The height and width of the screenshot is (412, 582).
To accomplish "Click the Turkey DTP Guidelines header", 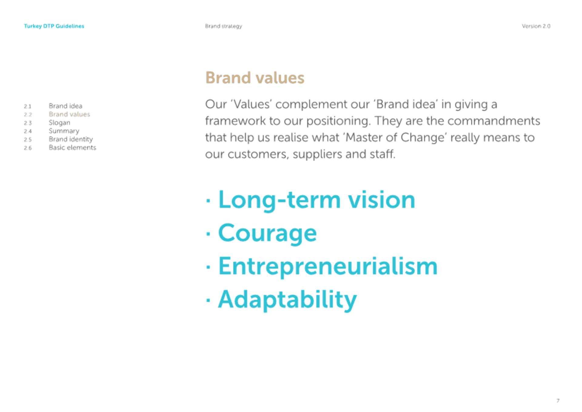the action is (x=54, y=26).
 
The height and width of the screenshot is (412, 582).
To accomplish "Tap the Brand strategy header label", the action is (x=223, y=26).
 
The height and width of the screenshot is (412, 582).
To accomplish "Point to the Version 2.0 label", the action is (x=536, y=26).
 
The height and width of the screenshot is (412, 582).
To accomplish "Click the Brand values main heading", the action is (x=255, y=78).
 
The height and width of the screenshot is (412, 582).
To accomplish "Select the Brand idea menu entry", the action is (x=65, y=106).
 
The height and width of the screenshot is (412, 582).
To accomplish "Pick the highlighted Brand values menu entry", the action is (x=69, y=114).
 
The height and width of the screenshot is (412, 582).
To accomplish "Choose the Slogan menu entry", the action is (x=59, y=123).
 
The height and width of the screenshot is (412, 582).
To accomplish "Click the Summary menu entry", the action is (x=64, y=131).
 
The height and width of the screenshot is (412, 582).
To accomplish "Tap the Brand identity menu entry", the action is (x=71, y=139).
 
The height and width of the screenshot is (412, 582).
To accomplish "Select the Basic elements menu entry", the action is (x=72, y=147).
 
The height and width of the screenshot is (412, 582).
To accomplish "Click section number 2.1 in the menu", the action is (x=28, y=106).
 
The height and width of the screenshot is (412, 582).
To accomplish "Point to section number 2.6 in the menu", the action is (x=28, y=148).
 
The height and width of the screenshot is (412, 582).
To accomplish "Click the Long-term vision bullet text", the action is (x=316, y=200).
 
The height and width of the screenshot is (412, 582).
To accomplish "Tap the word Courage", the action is (x=267, y=233).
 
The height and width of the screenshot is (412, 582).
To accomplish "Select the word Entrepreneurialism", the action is (x=328, y=266).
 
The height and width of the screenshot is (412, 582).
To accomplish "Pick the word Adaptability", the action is (x=287, y=300).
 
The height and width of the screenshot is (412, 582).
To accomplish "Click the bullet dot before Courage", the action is (x=208, y=234).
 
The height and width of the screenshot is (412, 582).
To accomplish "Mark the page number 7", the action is (x=558, y=401).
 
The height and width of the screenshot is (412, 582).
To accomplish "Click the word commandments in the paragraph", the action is (x=494, y=121).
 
